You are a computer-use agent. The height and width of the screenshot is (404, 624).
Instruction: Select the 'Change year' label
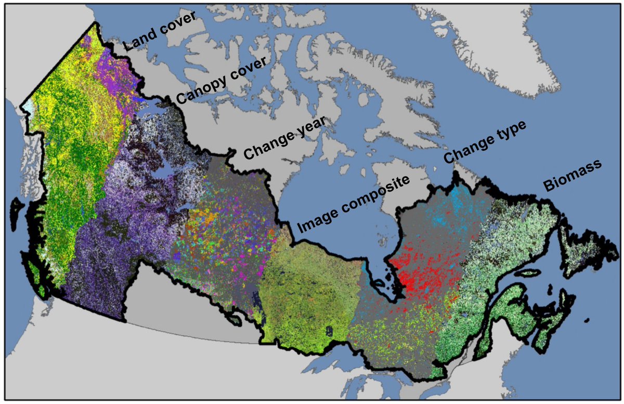coord(285,137)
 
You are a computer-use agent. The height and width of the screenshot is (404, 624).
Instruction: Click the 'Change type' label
coord(485,141)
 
